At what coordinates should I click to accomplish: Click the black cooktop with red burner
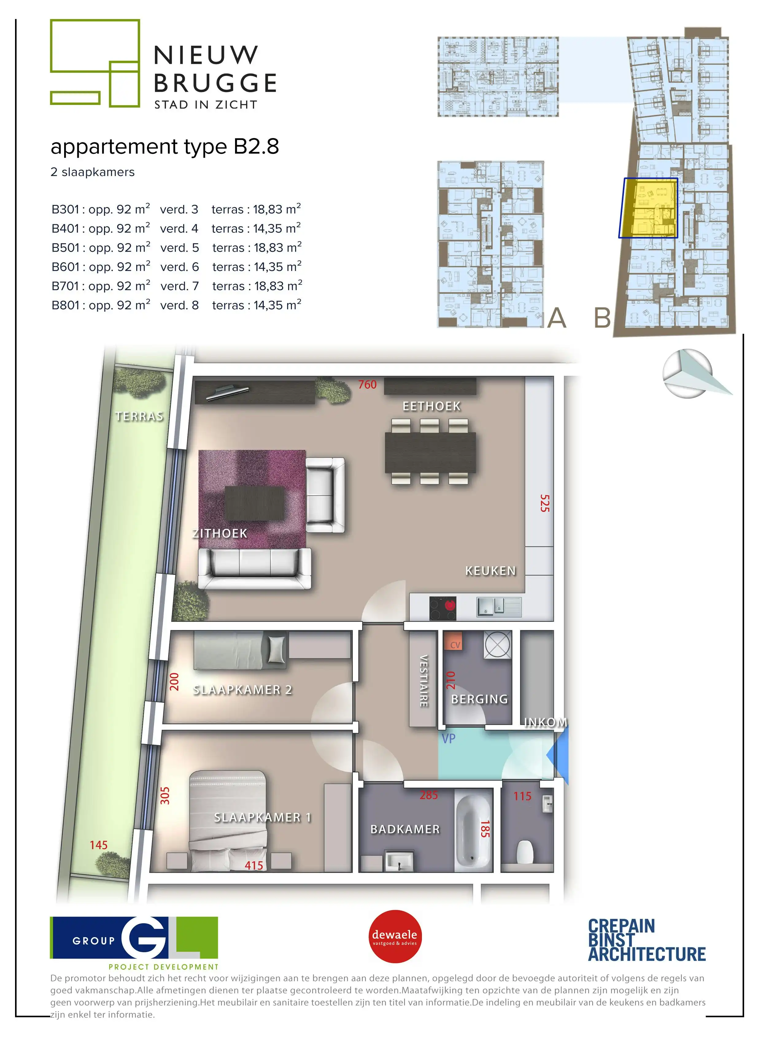point(442,608)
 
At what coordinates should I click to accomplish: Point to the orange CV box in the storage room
point(455,644)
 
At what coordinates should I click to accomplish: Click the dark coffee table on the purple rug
point(254,503)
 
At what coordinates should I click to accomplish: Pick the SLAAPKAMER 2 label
point(242,690)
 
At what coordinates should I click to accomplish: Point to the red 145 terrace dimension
point(98,845)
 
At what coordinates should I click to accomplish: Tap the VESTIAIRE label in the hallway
point(423,681)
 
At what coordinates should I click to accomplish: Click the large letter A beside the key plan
point(557,318)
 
